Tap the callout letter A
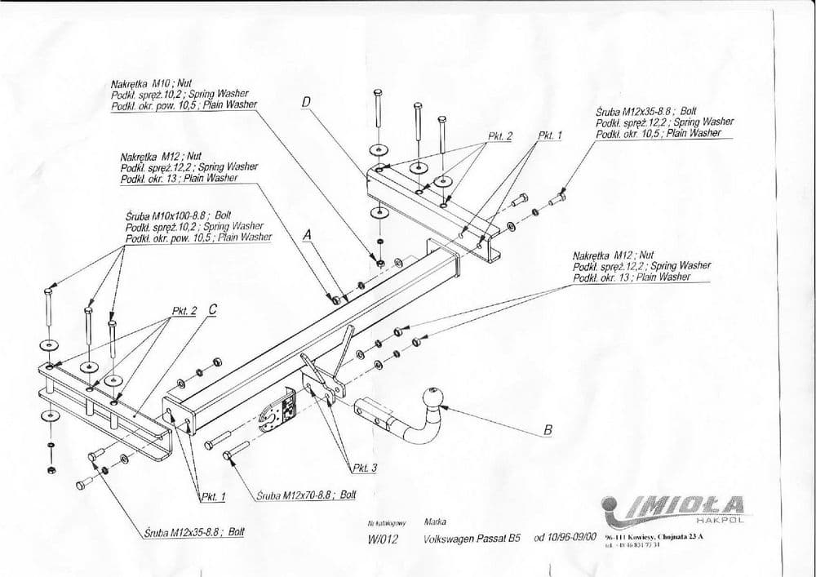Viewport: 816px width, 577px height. [308, 235]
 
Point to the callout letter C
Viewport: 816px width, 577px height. [212, 309]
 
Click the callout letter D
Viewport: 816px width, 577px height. [307, 103]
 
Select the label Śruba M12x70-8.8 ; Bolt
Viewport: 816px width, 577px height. [306, 495]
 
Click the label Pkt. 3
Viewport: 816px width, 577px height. [364, 468]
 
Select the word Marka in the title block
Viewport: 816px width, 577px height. [435, 521]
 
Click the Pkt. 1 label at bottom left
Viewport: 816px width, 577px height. [212, 495]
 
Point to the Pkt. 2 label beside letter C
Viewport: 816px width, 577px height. [184, 311]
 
